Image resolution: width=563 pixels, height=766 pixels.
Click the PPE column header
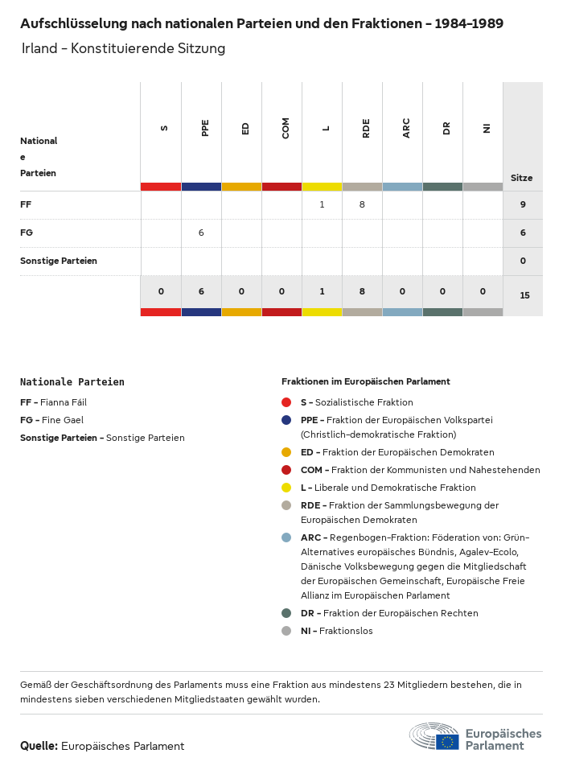(x=205, y=128)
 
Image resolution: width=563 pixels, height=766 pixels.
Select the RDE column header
(x=366, y=128)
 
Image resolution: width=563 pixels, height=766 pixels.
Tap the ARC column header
(x=406, y=128)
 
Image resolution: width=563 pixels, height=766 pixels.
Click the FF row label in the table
(x=26, y=205)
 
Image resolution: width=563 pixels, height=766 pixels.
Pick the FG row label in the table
(x=27, y=233)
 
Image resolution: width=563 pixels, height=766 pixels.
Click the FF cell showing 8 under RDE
(x=362, y=205)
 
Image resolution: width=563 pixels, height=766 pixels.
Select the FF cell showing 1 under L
(x=322, y=205)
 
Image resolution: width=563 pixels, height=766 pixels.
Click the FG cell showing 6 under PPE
(x=201, y=233)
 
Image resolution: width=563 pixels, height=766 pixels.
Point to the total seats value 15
(x=524, y=295)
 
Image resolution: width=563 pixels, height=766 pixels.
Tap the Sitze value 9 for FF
(x=523, y=205)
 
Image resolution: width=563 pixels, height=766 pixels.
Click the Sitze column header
(x=521, y=178)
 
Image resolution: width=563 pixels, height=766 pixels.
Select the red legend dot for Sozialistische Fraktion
(x=286, y=402)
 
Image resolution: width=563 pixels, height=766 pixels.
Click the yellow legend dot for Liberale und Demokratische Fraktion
(x=286, y=488)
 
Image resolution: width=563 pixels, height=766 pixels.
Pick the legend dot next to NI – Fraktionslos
(x=286, y=631)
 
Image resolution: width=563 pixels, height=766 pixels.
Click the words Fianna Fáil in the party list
(x=64, y=402)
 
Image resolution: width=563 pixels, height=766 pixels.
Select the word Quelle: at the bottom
(x=39, y=746)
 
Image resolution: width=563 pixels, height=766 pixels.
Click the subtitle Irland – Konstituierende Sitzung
(x=123, y=49)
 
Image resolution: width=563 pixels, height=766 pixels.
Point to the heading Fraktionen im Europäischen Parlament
(x=365, y=381)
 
